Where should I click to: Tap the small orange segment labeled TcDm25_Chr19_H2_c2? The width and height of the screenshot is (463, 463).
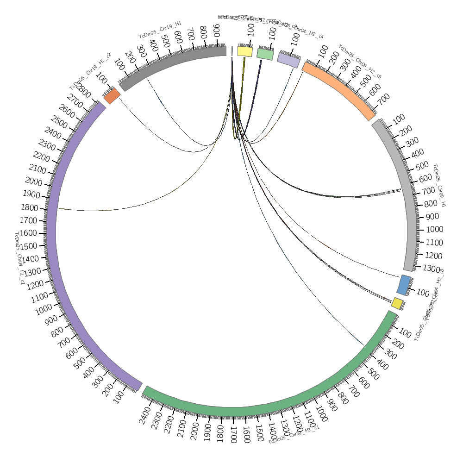[112, 96]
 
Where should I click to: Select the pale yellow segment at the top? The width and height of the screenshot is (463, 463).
[245, 51]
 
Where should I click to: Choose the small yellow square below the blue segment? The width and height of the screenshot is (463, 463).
[397, 303]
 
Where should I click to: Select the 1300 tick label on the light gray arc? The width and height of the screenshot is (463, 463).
[432, 269]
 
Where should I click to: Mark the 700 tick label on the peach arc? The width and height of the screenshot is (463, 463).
[384, 98]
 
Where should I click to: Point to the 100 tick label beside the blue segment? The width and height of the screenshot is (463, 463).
[422, 293]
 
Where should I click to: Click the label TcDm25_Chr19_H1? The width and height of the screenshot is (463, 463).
[160, 30]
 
